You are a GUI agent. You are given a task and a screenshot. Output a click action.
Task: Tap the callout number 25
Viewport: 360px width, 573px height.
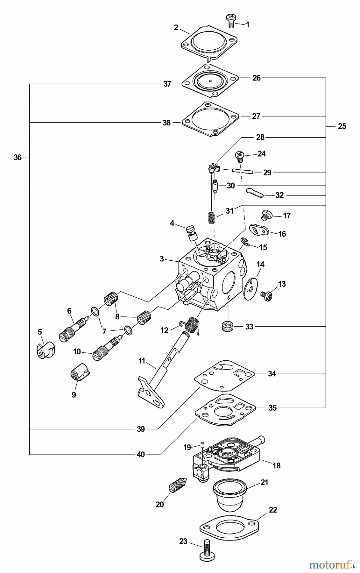(342, 126)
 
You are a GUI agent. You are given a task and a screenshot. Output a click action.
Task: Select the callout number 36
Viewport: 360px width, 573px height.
(18, 157)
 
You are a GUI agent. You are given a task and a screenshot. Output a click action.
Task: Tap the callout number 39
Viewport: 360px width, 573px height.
(141, 429)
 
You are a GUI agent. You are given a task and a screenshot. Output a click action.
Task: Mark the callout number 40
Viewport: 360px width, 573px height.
(141, 454)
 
